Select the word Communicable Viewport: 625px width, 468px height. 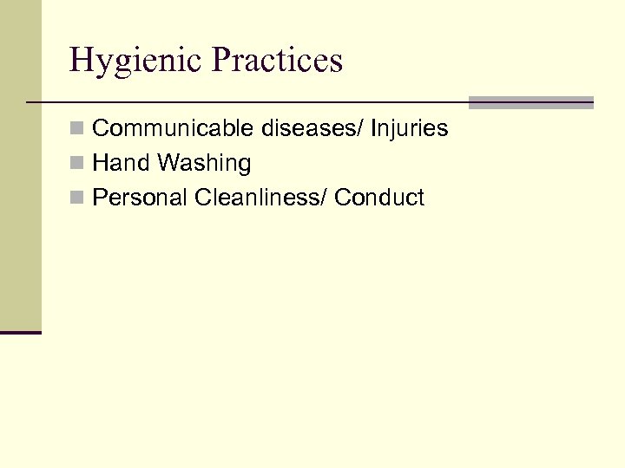pyautogui.click(x=162, y=129)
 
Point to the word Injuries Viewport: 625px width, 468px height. pyautogui.click(x=410, y=129)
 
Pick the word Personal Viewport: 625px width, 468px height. pyautogui.click(x=140, y=198)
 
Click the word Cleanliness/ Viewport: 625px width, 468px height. pyautogui.click(x=260, y=198)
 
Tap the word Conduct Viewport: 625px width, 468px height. pyautogui.click(x=379, y=198)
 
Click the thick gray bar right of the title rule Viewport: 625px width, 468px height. pyautogui.click(x=531, y=102)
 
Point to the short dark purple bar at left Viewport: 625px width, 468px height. pyautogui.click(x=21, y=332)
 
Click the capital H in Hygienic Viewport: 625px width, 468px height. pyautogui.click(x=81, y=61)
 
